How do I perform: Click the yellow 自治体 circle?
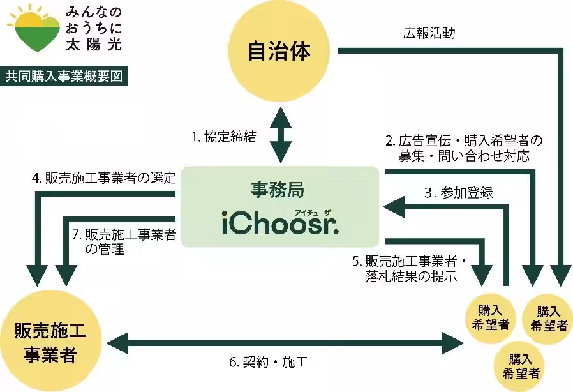coord(279,52)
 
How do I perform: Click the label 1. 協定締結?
coord(224,137)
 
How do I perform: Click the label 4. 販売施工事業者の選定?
coord(103,178)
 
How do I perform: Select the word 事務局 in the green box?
coord(278,189)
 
